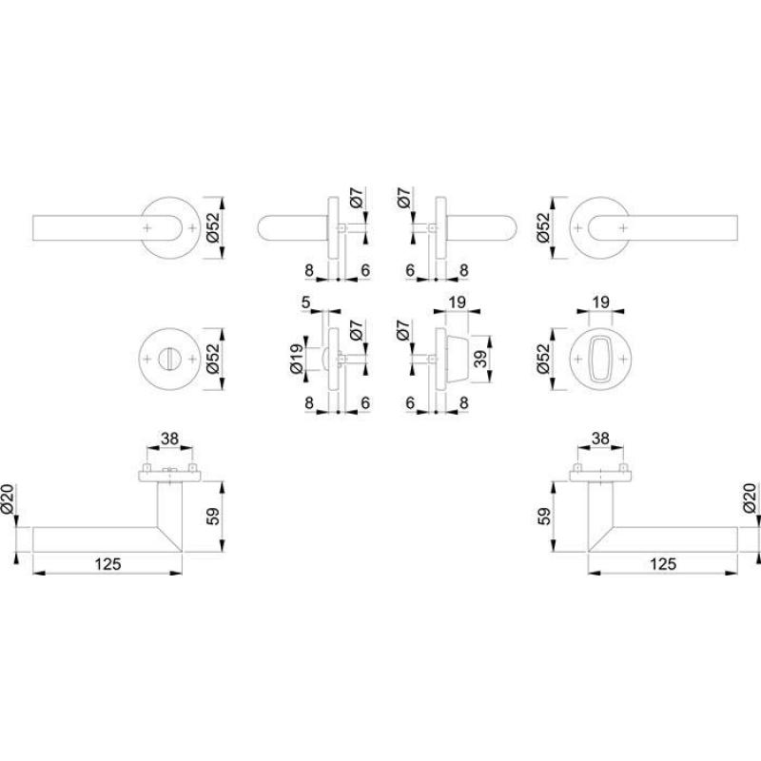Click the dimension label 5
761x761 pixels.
(305, 302)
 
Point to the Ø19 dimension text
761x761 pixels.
(296, 359)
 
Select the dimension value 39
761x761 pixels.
(479, 360)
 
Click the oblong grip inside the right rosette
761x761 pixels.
(600, 360)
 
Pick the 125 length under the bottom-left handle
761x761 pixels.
(107, 564)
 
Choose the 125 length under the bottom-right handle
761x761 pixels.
(663, 564)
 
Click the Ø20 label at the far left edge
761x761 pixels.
(8, 498)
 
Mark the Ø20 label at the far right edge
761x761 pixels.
(750, 498)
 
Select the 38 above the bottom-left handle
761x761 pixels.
(169, 439)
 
